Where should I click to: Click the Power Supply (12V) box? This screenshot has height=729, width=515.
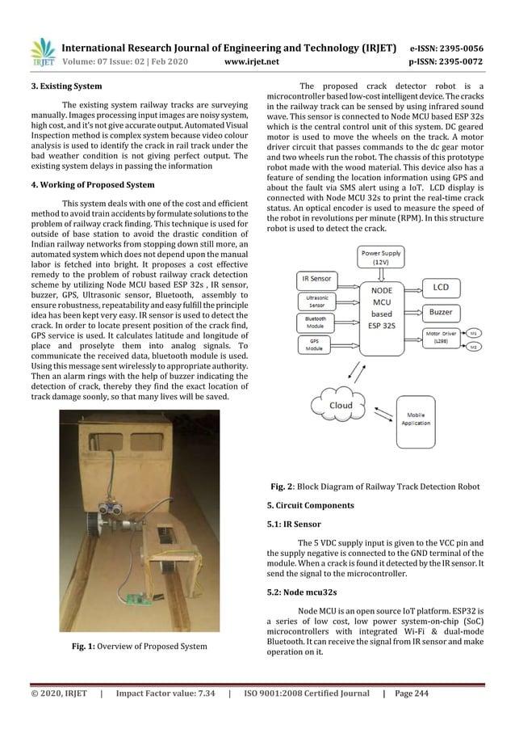click(x=379, y=257)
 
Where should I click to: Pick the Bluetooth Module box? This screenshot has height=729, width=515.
click(x=316, y=322)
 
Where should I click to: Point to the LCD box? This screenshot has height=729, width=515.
click(x=441, y=288)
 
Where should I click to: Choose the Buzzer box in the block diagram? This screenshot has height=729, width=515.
click(x=441, y=311)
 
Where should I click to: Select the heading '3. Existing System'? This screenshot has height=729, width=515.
click(x=49, y=85)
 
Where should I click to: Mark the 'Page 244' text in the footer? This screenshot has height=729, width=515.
click(x=462, y=693)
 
